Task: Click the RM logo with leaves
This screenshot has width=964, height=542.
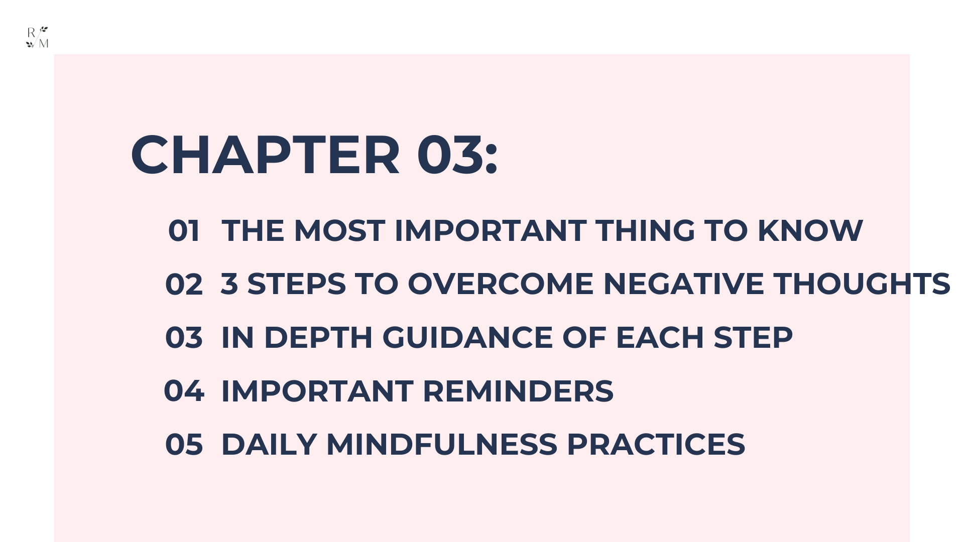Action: click(x=37, y=37)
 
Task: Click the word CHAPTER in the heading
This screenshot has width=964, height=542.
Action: click(x=266, y=155)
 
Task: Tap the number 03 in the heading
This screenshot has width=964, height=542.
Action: click(x=450, y=155)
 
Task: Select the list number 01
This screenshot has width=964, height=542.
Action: click(x=184, y=231)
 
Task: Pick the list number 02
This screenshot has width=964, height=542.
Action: click(x=184, y=284)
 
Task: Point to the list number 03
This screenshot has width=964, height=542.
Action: click(x=184, y=337)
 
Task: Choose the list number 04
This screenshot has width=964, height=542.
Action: click(x=184, y=391)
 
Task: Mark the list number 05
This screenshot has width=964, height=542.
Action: click(x=184, y=444)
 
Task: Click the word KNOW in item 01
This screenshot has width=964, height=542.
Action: click(x=810, y=231)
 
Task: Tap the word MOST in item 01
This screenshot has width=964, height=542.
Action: click(x=339, y=231)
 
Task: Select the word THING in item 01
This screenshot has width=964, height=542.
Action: click(x=645, y=231)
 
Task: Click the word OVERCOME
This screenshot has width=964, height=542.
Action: click(x=501, y=284)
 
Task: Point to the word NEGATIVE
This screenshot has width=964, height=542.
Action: click(x=683, y=284)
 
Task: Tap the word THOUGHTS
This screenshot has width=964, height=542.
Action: click(x=862, y=284)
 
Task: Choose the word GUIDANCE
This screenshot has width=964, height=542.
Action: click(x=467, y=337)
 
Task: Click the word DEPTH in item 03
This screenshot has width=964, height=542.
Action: click(x=318, y=337)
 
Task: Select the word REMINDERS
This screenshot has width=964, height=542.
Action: click(x=518, y=391)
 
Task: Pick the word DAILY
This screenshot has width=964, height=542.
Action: click(x=269, y=444)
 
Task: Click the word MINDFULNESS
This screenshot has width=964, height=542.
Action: click(x=442, y=444)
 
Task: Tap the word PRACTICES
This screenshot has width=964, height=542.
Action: click(x=656, y=444)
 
